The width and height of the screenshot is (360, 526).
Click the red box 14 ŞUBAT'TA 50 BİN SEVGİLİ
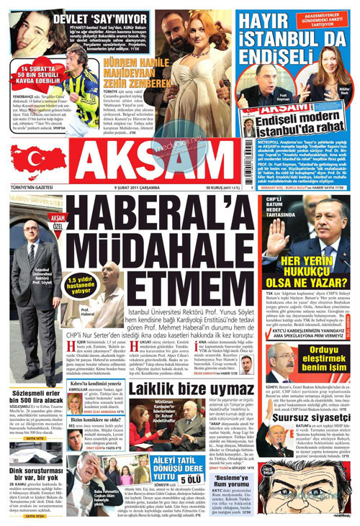[34, 76]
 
